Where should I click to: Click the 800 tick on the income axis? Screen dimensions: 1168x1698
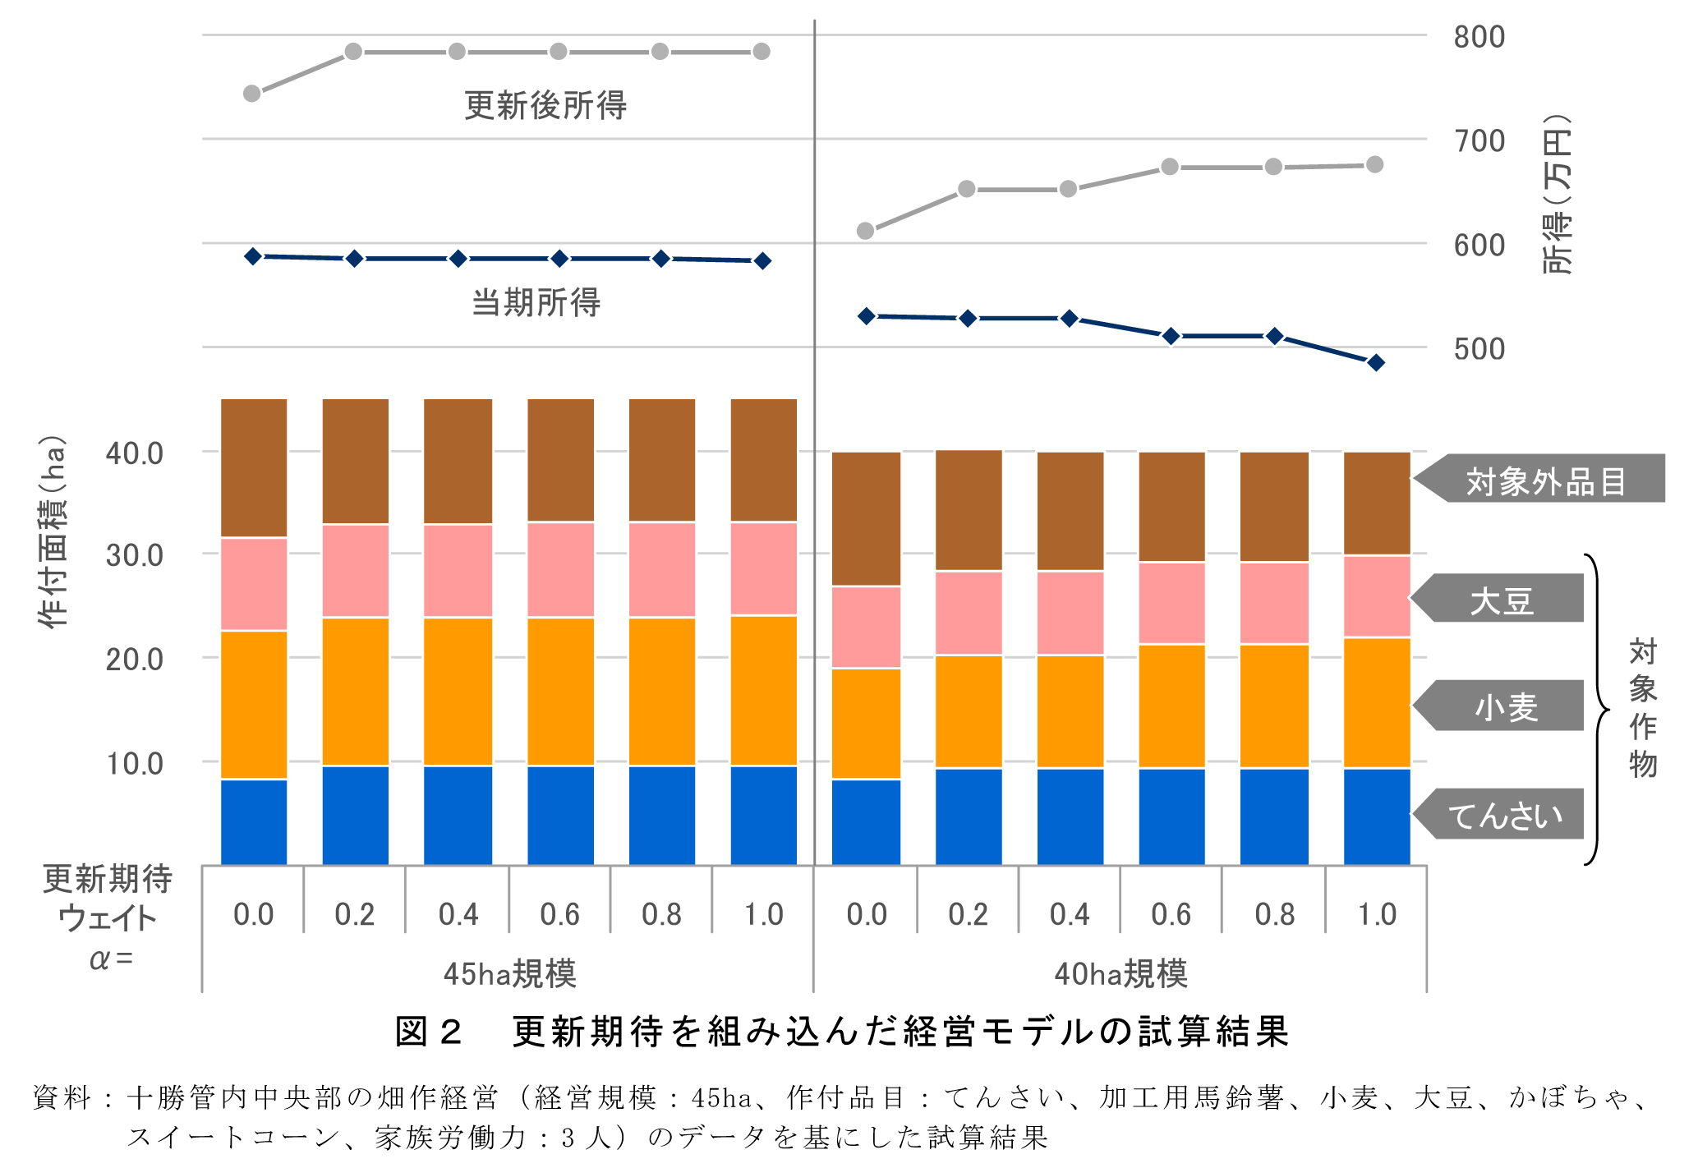(1479, 37)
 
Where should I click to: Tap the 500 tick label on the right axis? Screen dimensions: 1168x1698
(1479, 349)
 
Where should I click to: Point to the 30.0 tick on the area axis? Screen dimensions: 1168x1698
(134, 555)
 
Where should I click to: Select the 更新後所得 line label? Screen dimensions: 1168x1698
(545, 105)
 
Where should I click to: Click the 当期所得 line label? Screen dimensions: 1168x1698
(536, 302)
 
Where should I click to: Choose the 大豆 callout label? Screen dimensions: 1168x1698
(1502, 600)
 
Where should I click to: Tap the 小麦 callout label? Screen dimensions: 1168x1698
(1506, 706)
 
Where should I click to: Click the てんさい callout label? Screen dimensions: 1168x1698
(1505, 815)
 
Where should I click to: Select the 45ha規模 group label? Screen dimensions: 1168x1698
(509, 973)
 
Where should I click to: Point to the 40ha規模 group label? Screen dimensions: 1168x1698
(1120, 973)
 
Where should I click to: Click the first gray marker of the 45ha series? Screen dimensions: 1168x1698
(252, 94)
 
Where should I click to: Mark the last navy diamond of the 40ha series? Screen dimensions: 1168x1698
(1376, 362)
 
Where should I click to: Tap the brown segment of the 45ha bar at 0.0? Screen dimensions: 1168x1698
(254, 468)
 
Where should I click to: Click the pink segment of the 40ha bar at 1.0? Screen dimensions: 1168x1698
(1377, 596)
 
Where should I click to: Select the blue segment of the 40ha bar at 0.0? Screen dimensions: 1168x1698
(866, 821)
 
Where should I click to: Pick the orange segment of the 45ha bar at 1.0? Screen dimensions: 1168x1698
(763, 690)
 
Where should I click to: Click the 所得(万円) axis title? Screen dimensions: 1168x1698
(1556, 194)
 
